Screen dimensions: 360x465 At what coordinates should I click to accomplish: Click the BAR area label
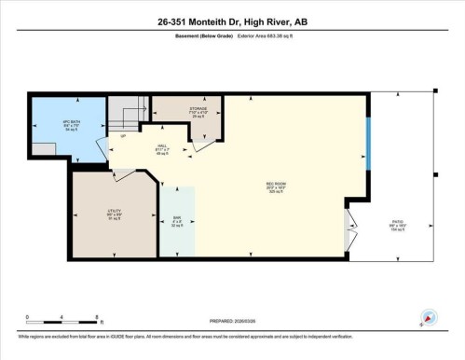pyautogui.click(x=176, y=222)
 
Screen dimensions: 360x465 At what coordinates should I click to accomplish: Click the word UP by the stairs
pyautogui.click(x=122, y=138)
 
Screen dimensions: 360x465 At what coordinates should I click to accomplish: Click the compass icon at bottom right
pyautogui.click(x=429, y=317)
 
